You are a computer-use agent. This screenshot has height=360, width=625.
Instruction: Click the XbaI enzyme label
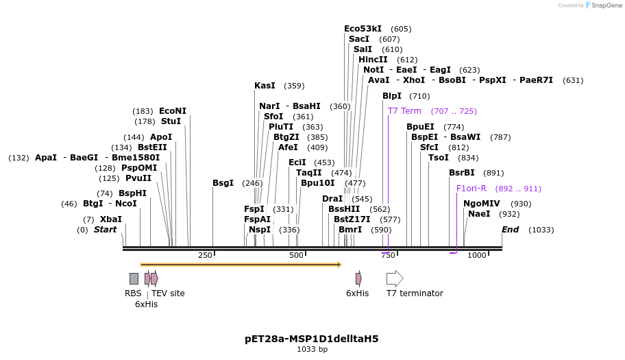111,219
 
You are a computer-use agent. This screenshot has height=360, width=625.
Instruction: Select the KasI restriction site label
265,86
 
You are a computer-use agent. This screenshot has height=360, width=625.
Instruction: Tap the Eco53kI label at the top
363,29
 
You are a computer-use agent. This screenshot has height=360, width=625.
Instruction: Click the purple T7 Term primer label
404,111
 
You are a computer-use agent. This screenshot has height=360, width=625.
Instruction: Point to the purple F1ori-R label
471,189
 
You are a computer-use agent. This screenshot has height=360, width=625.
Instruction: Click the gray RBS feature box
134,278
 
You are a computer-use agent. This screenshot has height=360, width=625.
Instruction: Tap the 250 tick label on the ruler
205,256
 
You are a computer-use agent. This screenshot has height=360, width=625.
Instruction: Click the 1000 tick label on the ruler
476,256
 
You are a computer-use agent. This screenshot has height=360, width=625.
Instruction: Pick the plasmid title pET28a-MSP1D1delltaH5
312,339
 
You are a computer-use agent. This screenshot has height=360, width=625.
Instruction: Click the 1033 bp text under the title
312,350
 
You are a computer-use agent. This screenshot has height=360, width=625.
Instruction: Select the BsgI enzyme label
223,183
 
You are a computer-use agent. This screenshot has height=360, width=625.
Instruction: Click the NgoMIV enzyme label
481,204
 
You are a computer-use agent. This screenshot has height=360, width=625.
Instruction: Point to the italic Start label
105,230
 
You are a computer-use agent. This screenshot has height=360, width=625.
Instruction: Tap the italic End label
510,230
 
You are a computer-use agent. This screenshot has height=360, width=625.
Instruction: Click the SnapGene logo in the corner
601,5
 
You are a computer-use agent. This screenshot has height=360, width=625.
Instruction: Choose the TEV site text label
168,293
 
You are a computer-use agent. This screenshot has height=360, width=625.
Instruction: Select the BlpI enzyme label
392,96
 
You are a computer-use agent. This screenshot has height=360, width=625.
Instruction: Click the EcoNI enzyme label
172,111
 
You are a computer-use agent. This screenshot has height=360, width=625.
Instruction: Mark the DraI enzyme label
332,199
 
